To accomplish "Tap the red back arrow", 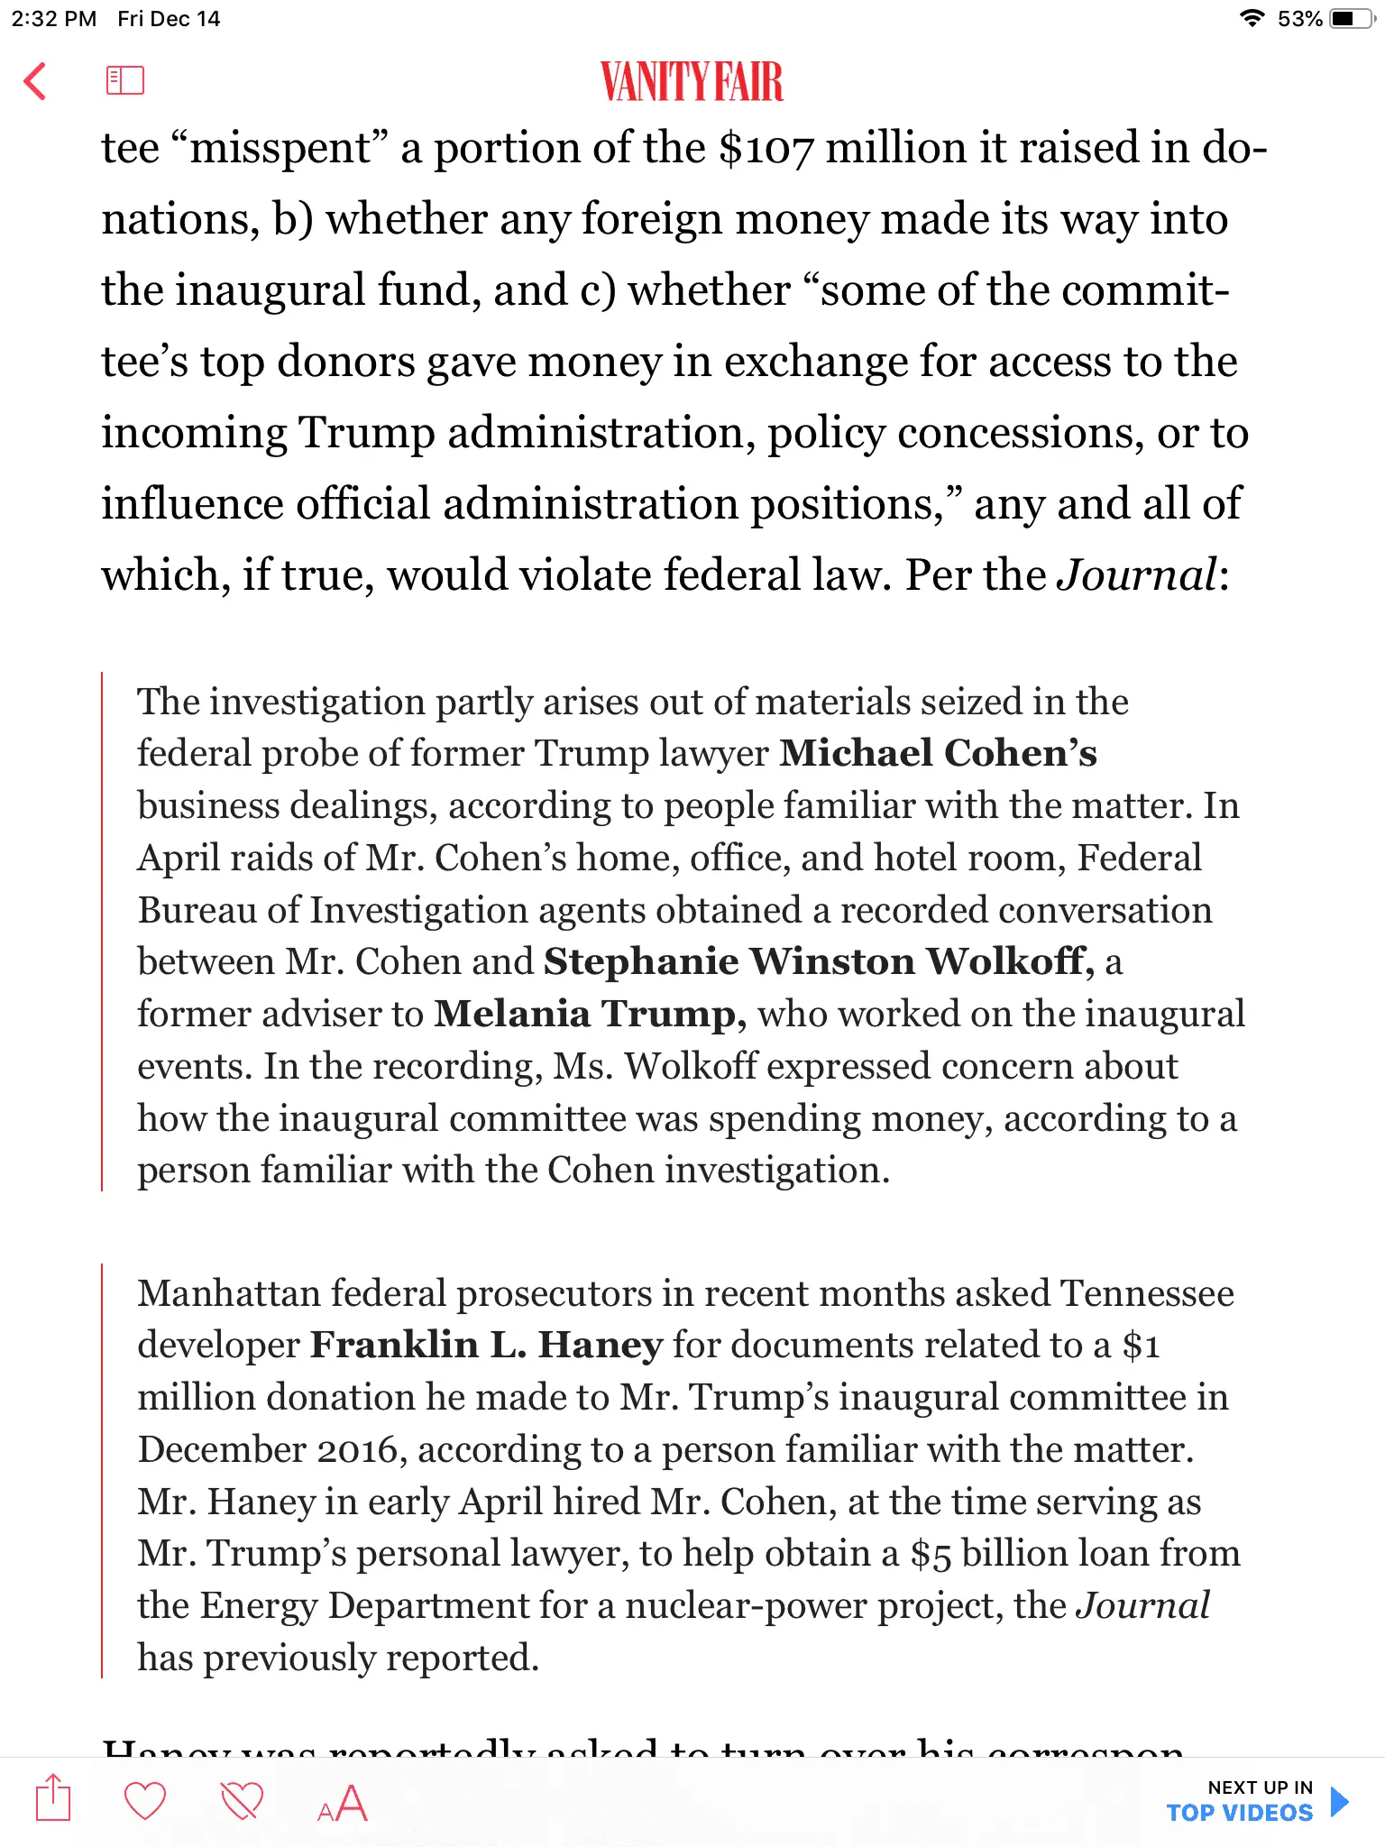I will point(35,81).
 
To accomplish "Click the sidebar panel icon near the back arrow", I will point(124,80).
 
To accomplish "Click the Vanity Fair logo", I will point(692,82).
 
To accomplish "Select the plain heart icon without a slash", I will point(144,1801).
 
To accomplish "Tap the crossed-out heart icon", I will point(242,1801).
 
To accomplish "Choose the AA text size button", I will point(343,1804).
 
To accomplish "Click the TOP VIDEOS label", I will point(1239,1814).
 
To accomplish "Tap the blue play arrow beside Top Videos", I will point(1340,1801).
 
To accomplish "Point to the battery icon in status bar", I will point(1350,19).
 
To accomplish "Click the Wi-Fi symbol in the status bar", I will point(1252,19).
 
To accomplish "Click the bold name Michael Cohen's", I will point(939,753).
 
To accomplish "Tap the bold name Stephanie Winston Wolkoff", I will point(818,961).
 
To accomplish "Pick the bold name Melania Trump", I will point(591,1014).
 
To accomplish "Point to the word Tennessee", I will point(1147,1293).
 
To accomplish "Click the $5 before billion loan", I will point(930,1554).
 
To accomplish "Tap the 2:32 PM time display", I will point(53,19).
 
